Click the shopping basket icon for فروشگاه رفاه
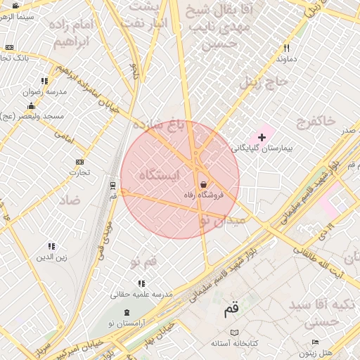[x=203, y=184]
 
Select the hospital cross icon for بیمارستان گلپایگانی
[x=262, y=136]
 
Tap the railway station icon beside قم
[x=112, y=186]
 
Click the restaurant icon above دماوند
[x=286, y=48]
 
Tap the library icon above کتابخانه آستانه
[x=234, y=332]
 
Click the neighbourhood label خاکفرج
[x=316, y=122]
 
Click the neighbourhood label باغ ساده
[x=157, y=126]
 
